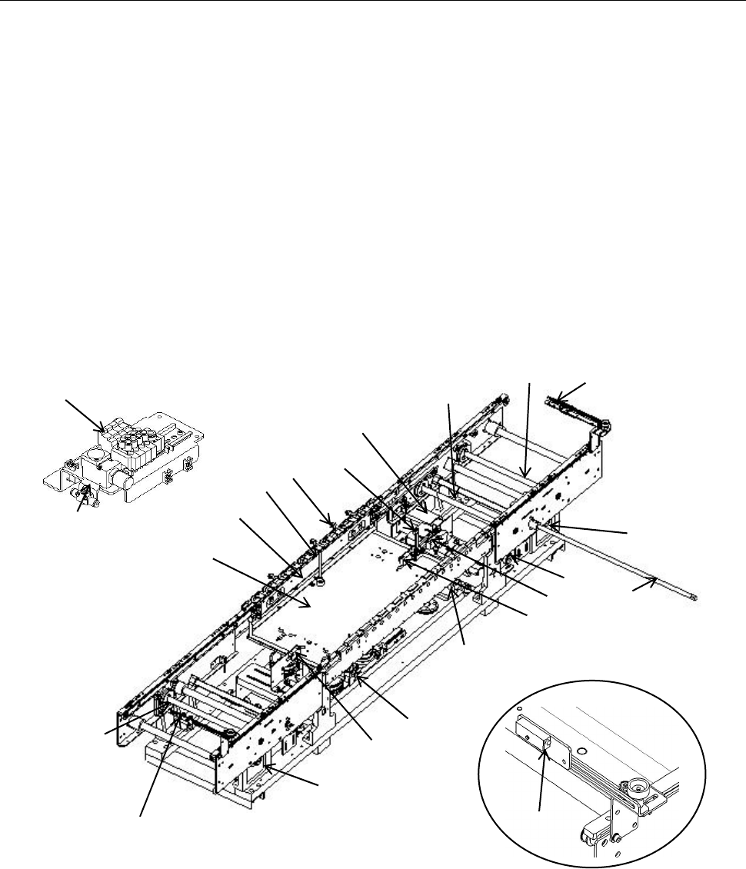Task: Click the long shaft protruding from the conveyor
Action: (615, 561)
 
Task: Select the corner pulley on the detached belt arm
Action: (607, 424)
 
